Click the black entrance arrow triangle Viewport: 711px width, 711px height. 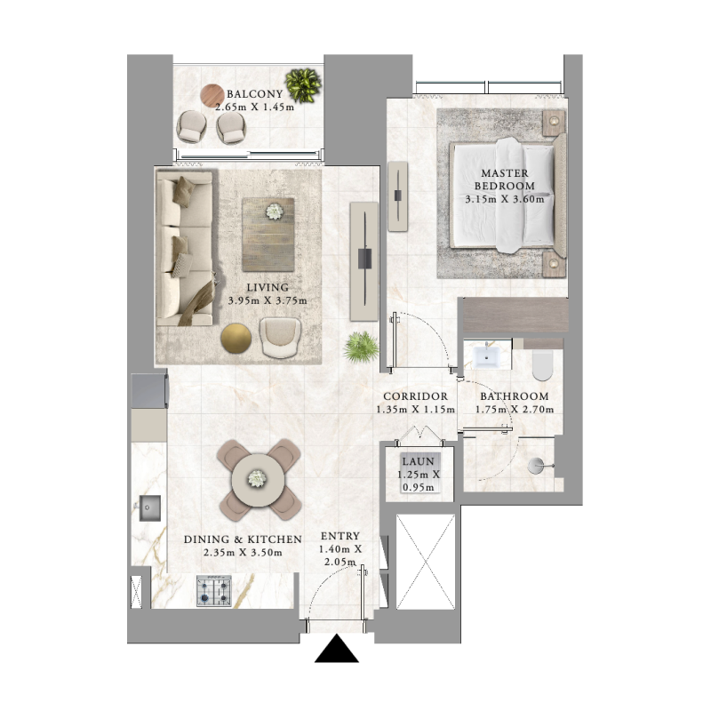point(337,651)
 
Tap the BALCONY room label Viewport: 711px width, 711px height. point(254,94)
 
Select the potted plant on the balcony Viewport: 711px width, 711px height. point(303,85)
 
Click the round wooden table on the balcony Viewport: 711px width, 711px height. point(212,95)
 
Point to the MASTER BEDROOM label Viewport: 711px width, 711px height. point(505,180)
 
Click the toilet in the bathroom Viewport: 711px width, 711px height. point(539,363)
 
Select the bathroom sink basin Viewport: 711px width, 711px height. point(486,356)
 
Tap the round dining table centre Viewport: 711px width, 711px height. point(256,478)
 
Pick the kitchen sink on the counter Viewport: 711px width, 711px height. point(148,509)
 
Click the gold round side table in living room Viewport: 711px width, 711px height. point(236,339)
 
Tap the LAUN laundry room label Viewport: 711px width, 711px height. point(417,462)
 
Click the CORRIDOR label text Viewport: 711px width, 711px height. point(414,396)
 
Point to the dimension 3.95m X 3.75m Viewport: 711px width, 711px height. point(268,300)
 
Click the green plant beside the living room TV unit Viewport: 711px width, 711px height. point(360,346)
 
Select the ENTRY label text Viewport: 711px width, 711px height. point(340,536)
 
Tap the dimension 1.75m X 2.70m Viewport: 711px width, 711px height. point(514,410)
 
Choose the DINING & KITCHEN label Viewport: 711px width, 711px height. point(243,539)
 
